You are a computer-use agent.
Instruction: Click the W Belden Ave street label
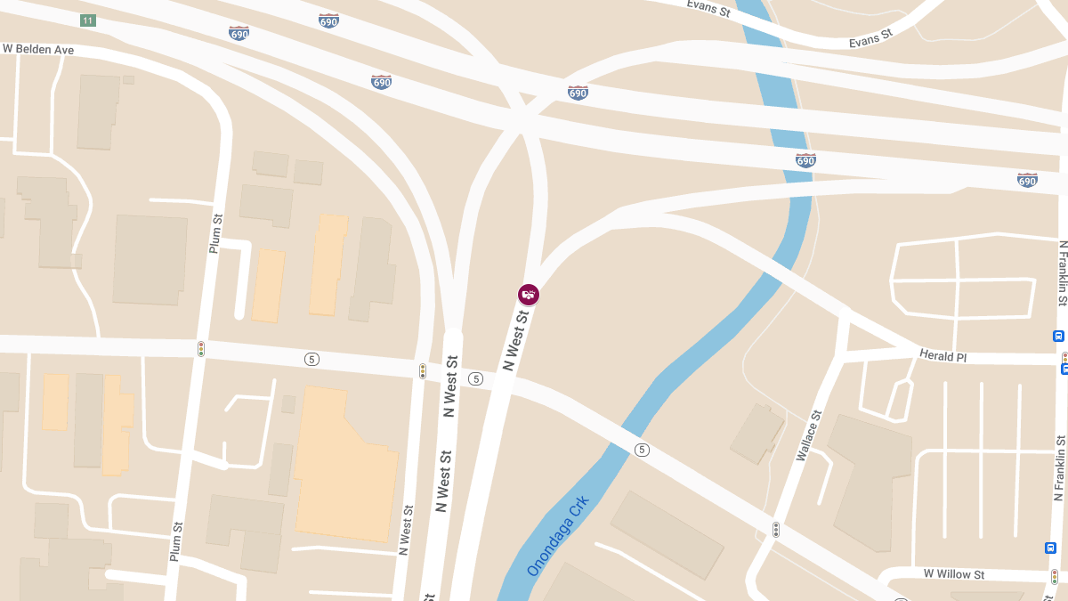click(x=37, y=50)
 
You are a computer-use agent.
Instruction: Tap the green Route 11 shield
click(x=87, y=20)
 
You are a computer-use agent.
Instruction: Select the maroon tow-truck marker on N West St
click(x=529, y=294)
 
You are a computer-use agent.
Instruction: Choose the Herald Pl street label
click(x=943, y=356)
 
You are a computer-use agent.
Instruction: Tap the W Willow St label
click(x=953, y=574)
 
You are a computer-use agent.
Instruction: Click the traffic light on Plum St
click(x=201, y=349)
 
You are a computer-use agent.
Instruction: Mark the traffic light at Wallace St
click(x=776, y=530)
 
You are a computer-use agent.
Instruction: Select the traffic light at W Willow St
click(x=1055, y=576)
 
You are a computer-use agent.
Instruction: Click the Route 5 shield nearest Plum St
click(x=311, y=359)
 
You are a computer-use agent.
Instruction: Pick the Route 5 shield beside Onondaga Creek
click(x=642, y=450)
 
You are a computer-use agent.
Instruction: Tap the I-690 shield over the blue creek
click(x=805, y=160)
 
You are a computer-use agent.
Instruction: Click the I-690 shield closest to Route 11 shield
click(x=239, y=34)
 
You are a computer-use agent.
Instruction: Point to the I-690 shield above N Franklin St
click(x=1027, y=180)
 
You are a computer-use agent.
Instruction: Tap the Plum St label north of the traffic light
click(x=215, y=233)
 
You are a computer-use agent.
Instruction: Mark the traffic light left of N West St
click(x=423, y=371)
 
